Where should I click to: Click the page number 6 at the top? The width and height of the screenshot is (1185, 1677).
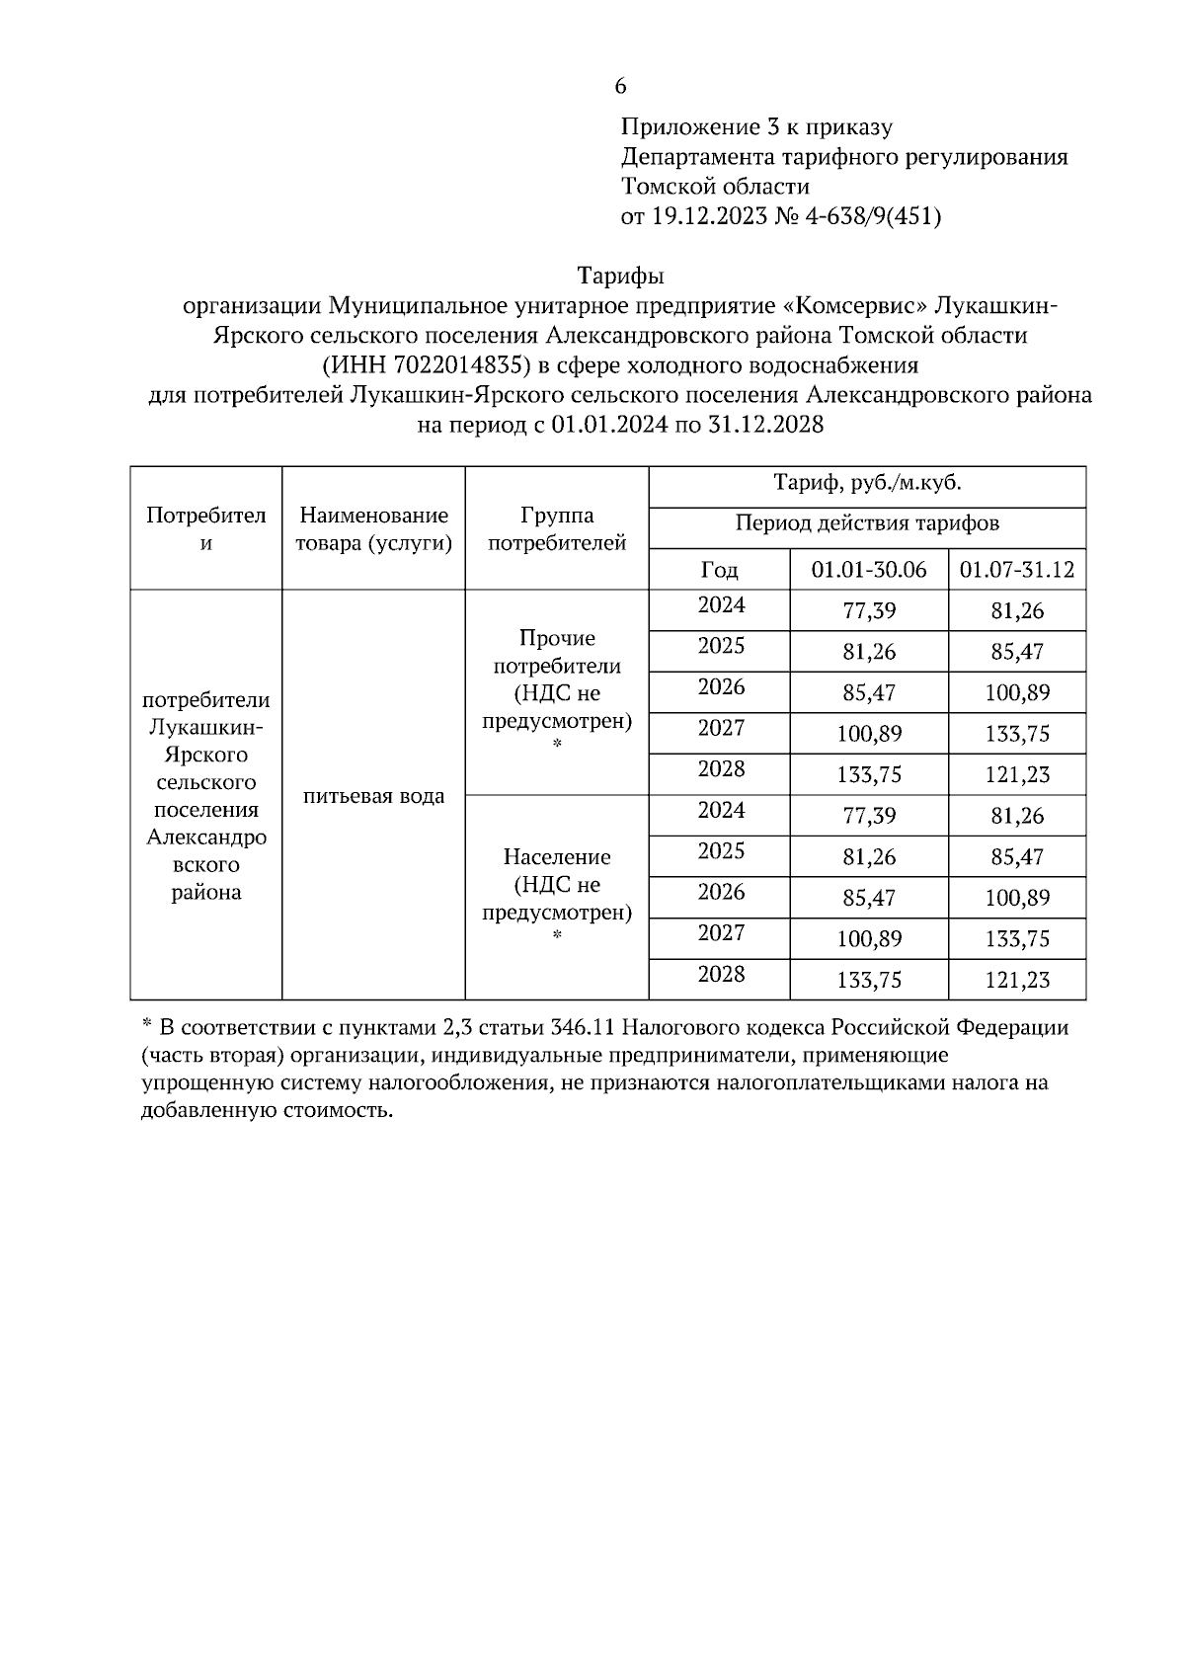620,86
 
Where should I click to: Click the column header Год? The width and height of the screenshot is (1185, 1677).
719,570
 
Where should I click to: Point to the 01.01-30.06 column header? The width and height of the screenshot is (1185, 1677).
868,570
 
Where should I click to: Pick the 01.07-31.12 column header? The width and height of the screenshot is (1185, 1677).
1016,570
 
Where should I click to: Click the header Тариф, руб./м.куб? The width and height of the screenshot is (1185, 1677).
867,484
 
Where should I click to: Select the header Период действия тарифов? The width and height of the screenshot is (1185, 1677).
867,523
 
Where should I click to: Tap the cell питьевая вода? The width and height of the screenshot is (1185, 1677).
373,796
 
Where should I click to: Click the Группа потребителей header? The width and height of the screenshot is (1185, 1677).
558,528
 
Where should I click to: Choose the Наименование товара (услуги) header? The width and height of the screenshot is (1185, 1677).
373,528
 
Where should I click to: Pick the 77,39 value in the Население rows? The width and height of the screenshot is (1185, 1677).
869,816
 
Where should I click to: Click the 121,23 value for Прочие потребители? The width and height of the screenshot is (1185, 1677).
1017,775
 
